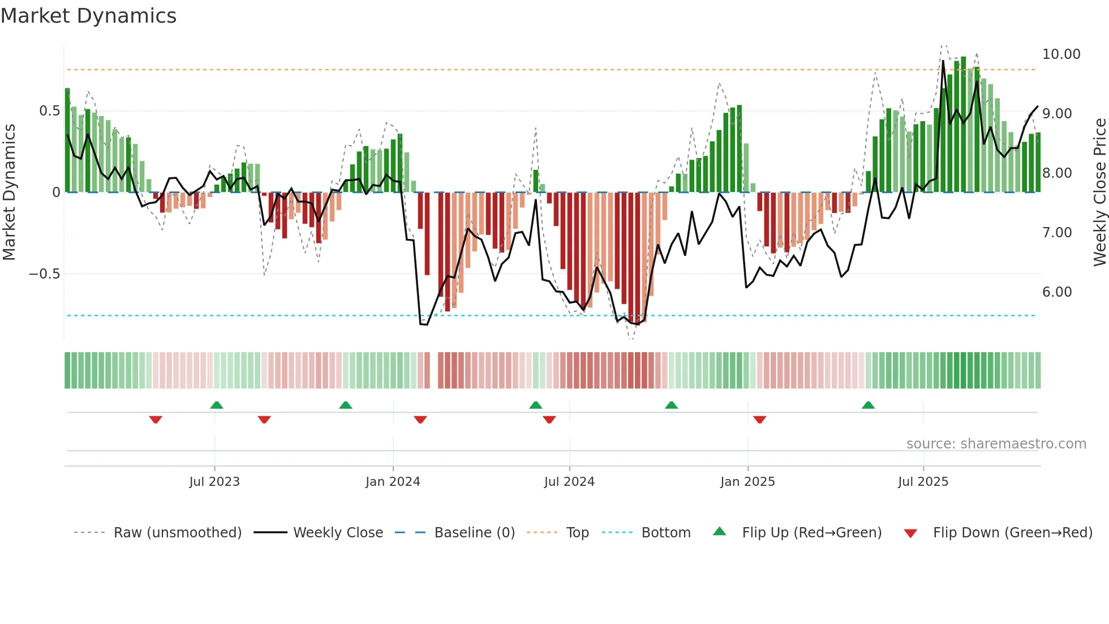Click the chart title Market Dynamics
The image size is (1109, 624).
point(88,16)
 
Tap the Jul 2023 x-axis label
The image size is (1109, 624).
point(214,482)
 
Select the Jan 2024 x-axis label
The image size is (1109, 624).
point(393,482)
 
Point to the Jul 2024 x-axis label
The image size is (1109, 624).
point(569,482)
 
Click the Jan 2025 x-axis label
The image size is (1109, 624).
point(747,482)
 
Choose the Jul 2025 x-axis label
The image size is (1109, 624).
point(923,482)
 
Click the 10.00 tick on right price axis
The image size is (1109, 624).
point(1061,54)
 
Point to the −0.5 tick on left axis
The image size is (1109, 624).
point(44,274)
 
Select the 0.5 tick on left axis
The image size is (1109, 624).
point(49,111)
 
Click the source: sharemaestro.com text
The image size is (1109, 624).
point(996,444)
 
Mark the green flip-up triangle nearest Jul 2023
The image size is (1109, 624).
point(217,405)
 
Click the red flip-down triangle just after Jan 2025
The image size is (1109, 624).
point(760,420)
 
